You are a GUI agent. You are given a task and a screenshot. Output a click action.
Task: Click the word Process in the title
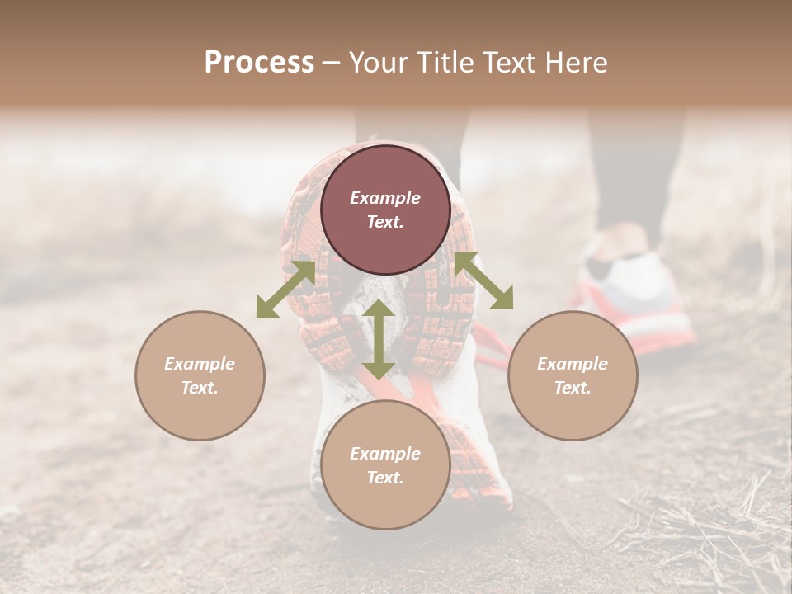[x=259, y=63]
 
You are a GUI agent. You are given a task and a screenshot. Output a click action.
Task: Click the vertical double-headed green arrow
[x=379, y=339]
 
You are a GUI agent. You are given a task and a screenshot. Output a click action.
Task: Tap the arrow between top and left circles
[x=285, y=290]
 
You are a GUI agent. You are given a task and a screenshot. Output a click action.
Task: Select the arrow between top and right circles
[x=483, y=280]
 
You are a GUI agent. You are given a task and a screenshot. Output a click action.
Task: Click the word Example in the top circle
[x=385, y=198]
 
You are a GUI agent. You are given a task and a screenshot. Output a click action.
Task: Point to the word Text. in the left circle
[x=200, y=388]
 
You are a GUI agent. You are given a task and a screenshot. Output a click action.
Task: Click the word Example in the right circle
[x=573, y=364]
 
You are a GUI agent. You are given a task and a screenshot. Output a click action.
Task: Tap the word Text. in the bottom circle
[x=385, y=478]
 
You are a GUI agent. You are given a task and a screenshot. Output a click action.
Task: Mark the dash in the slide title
[x=331, y=63]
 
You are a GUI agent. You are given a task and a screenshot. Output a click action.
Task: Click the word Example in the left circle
[x=200, y=364]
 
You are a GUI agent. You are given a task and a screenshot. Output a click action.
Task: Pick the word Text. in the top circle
[x=385, y=222]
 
